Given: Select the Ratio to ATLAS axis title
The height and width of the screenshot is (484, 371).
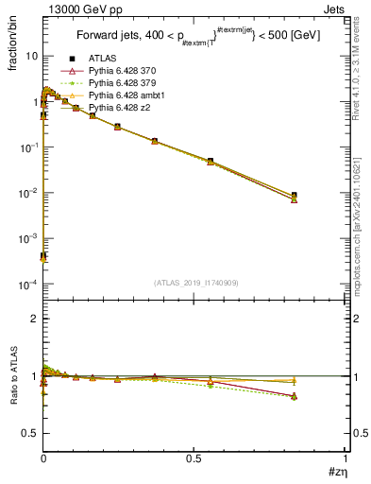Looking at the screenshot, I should click(x=13, y=375).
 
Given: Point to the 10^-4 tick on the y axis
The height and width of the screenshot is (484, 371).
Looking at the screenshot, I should click(x=27, y=285).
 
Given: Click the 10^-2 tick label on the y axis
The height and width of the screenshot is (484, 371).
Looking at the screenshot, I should click(x=27, y=193).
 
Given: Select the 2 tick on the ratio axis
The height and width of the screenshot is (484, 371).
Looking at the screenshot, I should click(x=35, y=319).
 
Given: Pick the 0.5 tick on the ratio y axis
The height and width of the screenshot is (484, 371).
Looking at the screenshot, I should click(x=31, y=433).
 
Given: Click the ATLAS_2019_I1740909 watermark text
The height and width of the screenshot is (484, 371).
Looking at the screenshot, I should click(x=196, y=282).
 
